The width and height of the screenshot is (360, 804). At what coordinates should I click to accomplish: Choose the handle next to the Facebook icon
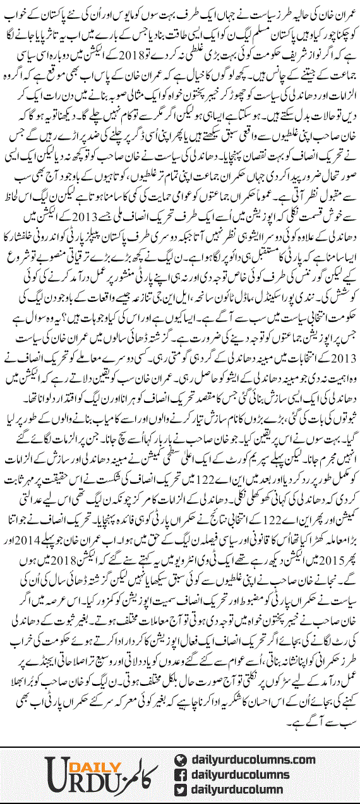[244, 774]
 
